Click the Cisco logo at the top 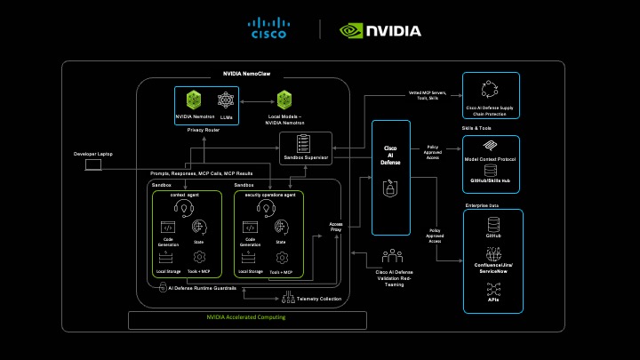pyautogui.click(x=268, y=28)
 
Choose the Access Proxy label pyautogui.click(x=336, y=227)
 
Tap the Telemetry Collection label pyautogui.click(x=318, y=299)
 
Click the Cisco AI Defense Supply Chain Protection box pyautogui.click(x=492, y=95)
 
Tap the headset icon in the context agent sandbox pyautogui.click(x=185, y=208)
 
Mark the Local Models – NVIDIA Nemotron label pyautogui.click(x=284, y=119)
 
